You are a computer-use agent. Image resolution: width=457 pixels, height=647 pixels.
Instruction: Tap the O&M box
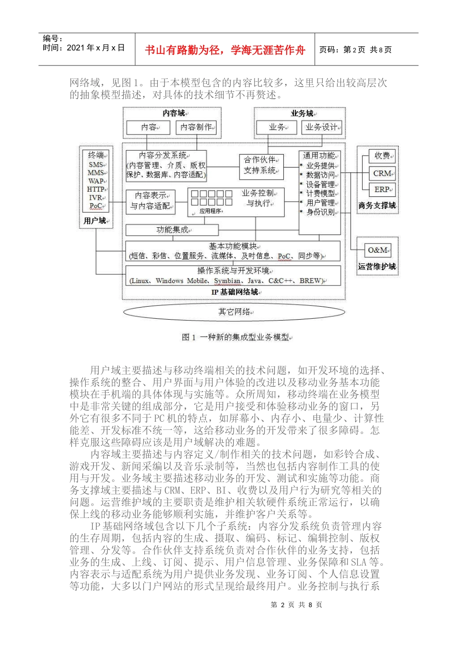coord(379,250)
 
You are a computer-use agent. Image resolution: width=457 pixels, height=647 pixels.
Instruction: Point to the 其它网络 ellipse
coord(234,311)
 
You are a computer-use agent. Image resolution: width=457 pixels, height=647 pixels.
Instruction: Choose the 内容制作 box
coord(197,127)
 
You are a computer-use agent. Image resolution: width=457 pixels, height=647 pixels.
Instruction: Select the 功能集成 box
coord(172,230)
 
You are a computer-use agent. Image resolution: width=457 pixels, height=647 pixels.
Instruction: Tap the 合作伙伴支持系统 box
coord(261,165)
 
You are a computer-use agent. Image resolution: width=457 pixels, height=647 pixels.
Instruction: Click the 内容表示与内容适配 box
coord(150,201)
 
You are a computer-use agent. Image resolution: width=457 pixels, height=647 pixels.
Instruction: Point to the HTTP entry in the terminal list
coord(96,189)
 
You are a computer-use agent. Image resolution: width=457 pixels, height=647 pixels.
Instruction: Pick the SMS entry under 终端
coord(96,165)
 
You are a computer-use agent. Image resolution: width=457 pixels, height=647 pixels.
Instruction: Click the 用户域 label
coord(95,220)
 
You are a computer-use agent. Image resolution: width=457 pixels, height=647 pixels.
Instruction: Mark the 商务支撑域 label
coord(377,206)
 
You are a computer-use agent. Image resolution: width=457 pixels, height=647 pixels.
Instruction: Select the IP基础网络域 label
coord(235,292)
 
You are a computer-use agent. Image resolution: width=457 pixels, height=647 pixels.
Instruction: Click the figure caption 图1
coord(236,337)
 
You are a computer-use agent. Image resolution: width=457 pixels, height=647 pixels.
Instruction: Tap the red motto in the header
coord(225,50)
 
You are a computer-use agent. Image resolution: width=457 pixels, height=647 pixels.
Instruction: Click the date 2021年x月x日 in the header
coord(84,48)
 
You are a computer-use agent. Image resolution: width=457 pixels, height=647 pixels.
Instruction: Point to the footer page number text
coord(296,605)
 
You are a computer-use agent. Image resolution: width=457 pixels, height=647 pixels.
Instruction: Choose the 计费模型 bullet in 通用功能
coord(321,194)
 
